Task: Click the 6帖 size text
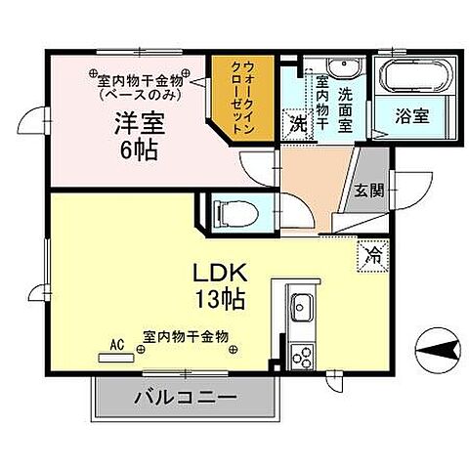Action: coord(140,151)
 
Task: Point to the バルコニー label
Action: coord(180,399)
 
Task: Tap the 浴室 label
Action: coord(410,114)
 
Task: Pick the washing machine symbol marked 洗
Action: coord(296,124)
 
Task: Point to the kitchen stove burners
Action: coord(300,356)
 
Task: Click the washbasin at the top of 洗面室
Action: coord(342,67)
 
